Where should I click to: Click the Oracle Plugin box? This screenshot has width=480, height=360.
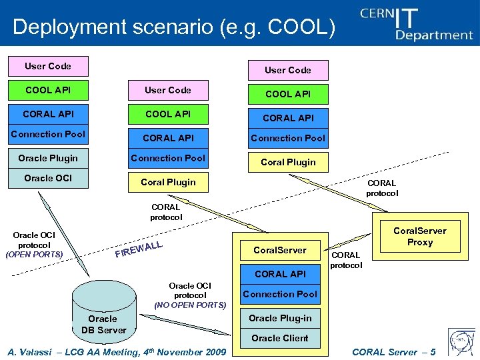click(48, 158)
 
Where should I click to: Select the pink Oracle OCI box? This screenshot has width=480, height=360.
click(48, 178)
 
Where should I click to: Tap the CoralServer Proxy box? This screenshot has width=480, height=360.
click(419, 237)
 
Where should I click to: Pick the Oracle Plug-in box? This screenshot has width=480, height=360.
click(280, 318)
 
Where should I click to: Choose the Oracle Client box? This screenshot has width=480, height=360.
click(280, 338)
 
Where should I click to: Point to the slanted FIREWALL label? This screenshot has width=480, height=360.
click(139, 250)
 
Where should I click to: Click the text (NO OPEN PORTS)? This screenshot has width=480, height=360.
click(190, 305)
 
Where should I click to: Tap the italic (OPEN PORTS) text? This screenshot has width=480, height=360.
click(34, 255)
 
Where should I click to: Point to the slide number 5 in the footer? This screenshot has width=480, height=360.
click(433, 352)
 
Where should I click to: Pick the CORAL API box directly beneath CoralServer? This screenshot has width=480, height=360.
click(280, 274)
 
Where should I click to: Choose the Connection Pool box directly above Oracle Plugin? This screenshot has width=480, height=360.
click(48, 134)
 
